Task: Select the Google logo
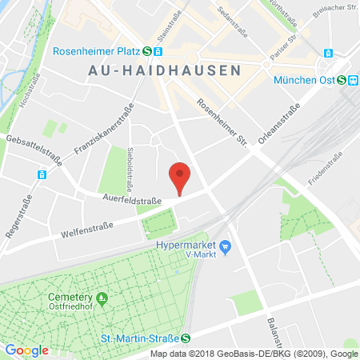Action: (x=27, y=350)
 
